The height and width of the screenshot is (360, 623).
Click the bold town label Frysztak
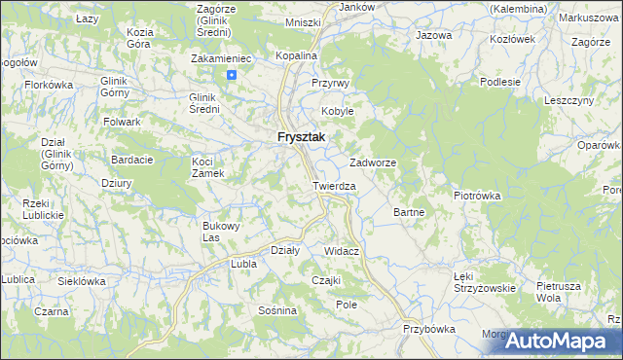[301, 138]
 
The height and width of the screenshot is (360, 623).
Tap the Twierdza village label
[335, 186]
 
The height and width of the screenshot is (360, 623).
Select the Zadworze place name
[373, 162]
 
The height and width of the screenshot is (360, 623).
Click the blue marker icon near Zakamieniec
[232, 75]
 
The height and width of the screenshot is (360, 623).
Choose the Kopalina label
[296, 56]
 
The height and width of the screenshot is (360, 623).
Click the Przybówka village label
[429, 329]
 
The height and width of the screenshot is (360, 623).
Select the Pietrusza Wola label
[558, 293]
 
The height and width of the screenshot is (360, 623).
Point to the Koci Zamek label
[208, 167]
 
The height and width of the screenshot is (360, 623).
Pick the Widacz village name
[343, 251]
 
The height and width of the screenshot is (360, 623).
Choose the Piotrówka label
[477, 196]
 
